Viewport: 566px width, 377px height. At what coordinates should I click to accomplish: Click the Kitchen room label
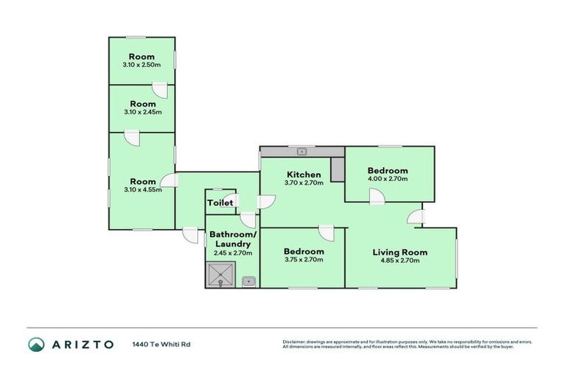(304, 175)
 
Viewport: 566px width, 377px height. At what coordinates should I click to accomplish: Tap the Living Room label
(399, 253)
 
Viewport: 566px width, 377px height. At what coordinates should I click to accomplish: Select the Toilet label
(220, 202)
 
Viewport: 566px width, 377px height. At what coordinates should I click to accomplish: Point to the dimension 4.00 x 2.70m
(388, 179)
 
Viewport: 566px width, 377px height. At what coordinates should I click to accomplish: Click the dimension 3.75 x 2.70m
(304, 259)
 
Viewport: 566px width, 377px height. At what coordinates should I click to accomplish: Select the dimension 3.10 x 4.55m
(142, 190)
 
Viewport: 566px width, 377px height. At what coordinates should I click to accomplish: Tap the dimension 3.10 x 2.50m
(141, 65)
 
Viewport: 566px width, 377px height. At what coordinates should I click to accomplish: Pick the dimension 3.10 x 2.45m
(142, 112)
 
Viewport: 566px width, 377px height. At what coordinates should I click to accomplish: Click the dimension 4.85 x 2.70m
(399, 261)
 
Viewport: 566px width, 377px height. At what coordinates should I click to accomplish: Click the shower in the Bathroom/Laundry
(220, 276)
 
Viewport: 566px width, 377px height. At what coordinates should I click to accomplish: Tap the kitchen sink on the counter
(302, 152)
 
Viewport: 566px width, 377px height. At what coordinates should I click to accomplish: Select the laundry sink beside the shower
(250, 281)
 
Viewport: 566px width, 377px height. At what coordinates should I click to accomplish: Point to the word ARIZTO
(83, 344)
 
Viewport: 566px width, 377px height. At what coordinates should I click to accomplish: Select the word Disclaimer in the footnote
(294, 342)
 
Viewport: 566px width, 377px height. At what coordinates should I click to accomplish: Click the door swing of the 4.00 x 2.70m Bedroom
(377, 195)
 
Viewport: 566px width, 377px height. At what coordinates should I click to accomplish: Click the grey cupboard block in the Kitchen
(338, 169)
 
